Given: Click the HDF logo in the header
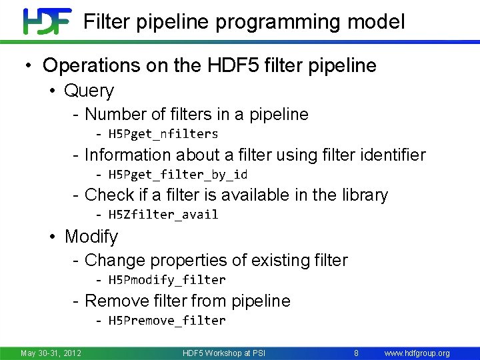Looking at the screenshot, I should [x=47, y=21].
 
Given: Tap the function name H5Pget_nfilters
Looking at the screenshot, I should [x=163, y=134].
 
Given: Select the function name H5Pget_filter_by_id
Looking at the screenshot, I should [x=178, y=175].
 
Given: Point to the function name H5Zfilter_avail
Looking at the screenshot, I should [x=163, y=215].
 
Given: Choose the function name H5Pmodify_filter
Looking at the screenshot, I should [x=167, y=279].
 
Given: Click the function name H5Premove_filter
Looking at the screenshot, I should [x=167, y=320].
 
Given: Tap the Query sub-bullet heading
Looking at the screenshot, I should [x=89, y=91].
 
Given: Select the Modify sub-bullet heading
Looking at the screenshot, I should [x=91, y=237].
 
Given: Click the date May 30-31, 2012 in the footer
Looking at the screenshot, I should [x=51, y=353].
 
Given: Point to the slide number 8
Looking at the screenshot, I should [x=357, y=353].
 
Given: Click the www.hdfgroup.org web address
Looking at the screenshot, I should [x=417, y=353].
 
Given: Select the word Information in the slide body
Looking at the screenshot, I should [x=127, y=155].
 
